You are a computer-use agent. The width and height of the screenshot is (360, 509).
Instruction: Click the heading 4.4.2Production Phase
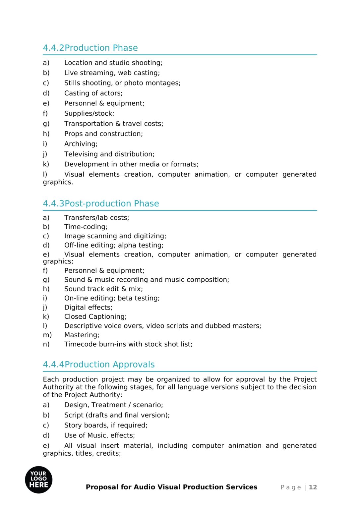90,48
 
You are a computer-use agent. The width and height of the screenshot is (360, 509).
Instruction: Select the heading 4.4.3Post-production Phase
101,203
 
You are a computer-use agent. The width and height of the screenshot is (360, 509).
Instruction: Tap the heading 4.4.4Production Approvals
98,365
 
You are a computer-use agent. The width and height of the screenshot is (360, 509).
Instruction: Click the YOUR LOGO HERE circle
38,480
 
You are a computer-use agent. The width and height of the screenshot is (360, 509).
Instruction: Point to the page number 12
313,487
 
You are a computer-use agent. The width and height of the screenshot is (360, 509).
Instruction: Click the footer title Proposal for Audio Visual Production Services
171,487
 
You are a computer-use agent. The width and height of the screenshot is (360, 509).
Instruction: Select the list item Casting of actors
93,93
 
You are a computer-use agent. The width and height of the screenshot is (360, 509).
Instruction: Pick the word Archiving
81,144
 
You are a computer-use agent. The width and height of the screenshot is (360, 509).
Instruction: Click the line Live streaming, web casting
112,73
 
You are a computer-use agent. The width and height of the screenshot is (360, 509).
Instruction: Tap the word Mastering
82,335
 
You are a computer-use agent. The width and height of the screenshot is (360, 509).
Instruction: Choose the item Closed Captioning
95,316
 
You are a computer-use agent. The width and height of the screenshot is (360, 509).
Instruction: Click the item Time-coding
86,227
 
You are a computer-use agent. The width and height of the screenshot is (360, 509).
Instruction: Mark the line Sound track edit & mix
103,289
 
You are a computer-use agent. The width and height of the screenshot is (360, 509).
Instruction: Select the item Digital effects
88,308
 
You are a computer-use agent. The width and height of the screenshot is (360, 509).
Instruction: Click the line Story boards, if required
106,425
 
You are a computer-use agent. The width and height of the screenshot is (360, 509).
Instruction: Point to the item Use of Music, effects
99,435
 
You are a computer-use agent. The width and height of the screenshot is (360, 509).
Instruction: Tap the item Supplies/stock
89,113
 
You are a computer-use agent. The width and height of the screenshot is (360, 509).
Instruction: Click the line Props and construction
103,134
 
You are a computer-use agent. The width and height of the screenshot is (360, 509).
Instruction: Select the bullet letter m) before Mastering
47,335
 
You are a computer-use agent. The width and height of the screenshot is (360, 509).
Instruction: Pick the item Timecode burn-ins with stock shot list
128,344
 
